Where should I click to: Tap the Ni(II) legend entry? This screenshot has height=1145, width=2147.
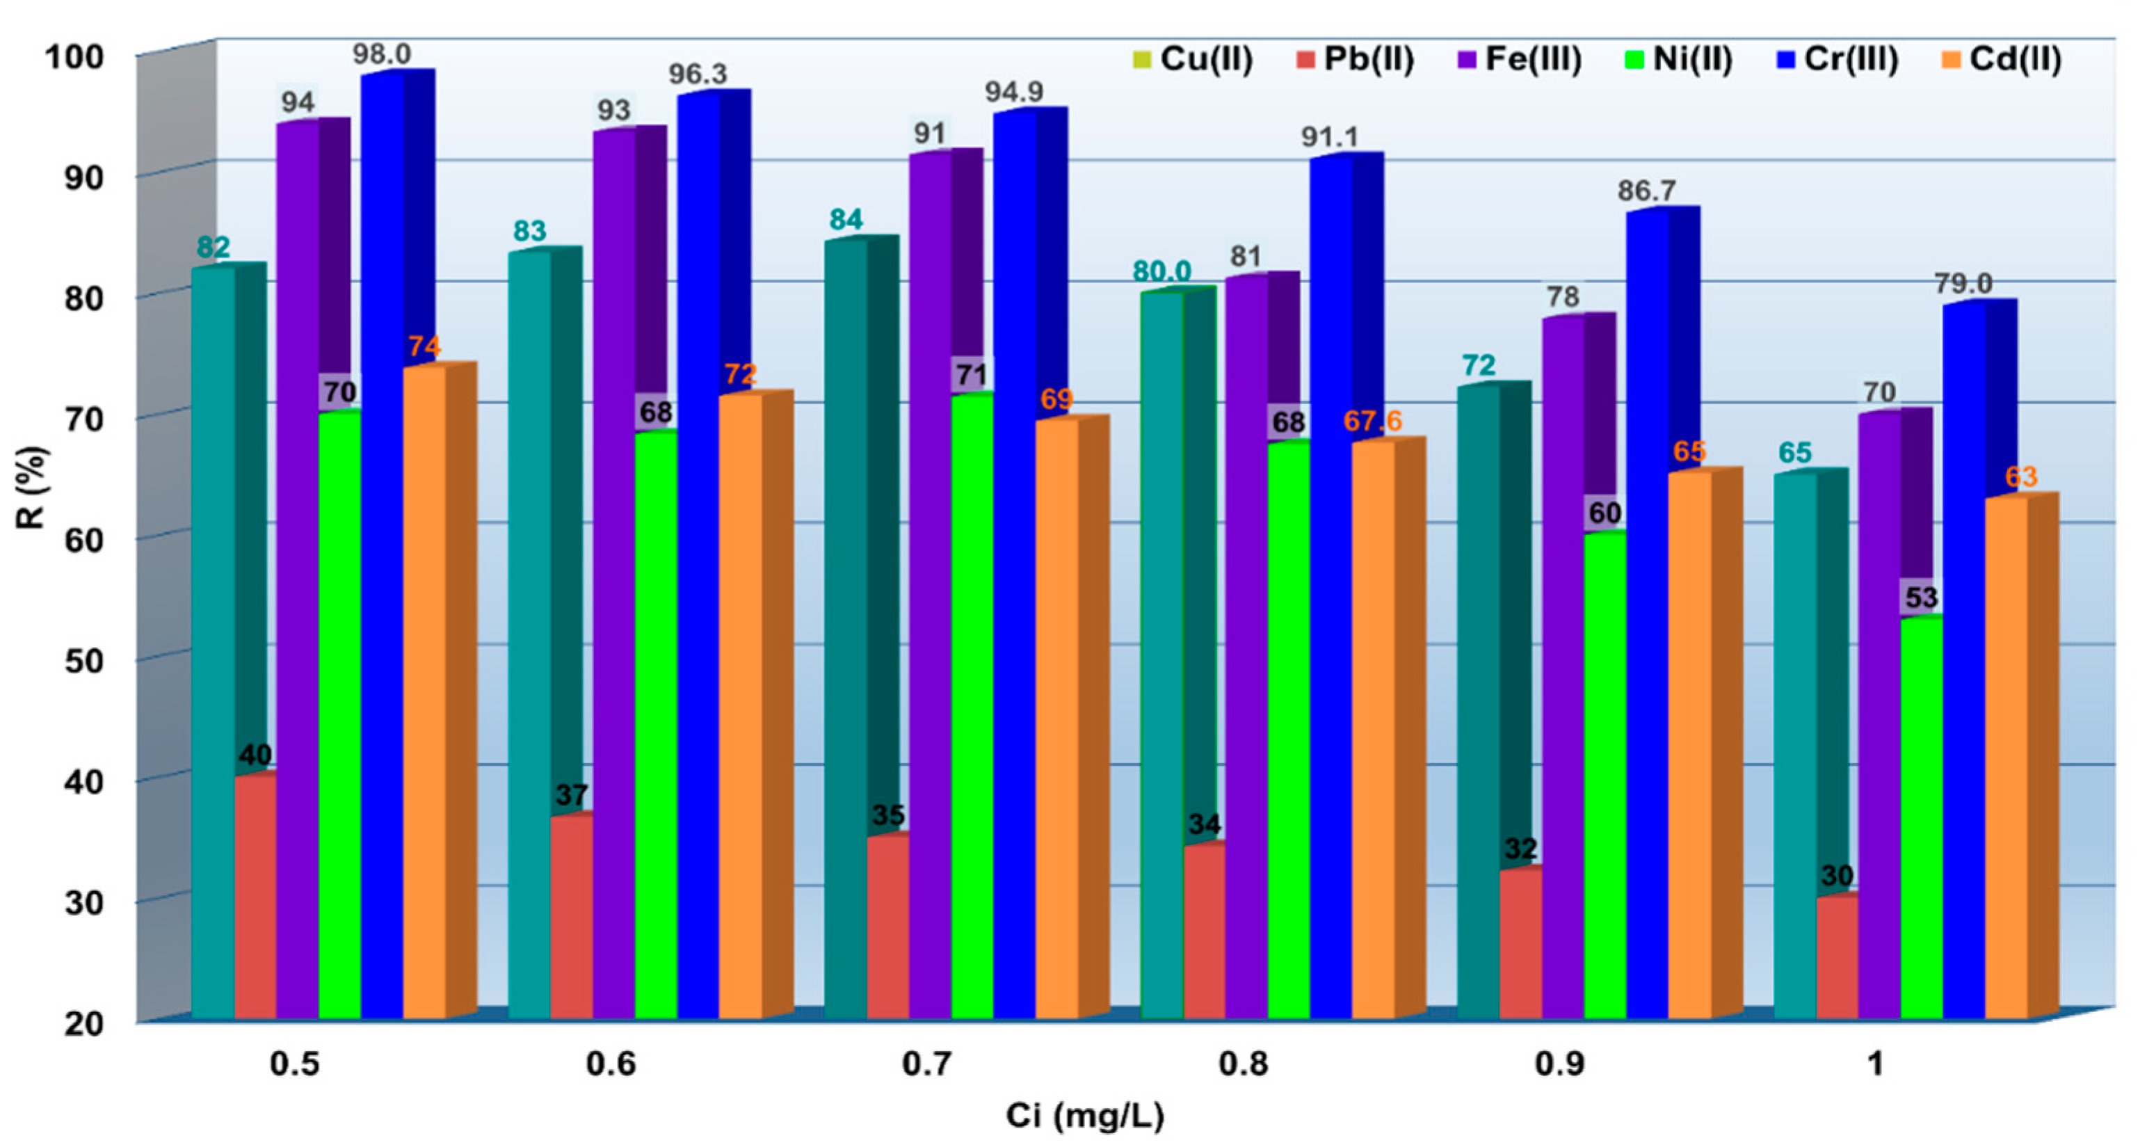[x=1680, y=59]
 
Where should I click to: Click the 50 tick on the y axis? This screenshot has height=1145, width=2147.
[x=83, y=661]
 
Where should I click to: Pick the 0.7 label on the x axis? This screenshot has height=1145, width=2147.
[x=926, y=1064]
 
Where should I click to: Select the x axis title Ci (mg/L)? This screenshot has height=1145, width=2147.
[x=1084, y=1115]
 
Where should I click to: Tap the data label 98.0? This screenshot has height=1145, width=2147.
[x=381, y=54]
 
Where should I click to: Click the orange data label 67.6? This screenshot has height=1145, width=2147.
[x=1372, y=421]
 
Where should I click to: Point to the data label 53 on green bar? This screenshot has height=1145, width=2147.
[x=1921, y=597]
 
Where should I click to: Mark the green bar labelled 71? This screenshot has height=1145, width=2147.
[x=972, y=708]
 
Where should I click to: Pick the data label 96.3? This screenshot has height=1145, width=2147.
[x=697, y=74]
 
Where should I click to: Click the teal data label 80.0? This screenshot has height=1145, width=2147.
[x=1161, y=271]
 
